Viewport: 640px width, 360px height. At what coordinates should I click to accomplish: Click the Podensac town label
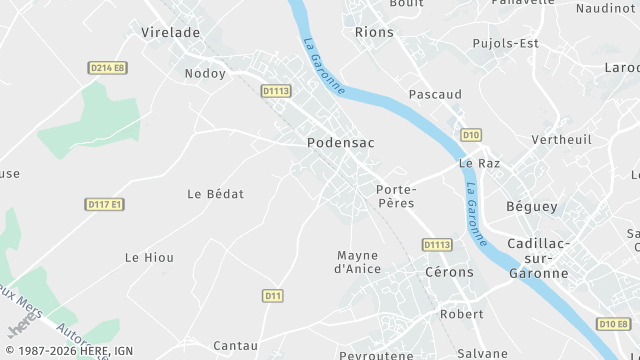(340, 143)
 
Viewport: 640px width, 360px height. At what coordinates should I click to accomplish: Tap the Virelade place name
(170, 32)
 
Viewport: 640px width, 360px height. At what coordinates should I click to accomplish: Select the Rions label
(374, 32)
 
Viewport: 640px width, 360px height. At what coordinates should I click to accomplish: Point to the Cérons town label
(449, 272)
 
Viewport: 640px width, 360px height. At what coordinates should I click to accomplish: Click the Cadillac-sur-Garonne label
(538, 258)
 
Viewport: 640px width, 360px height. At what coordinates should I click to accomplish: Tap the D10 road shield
(471, 134)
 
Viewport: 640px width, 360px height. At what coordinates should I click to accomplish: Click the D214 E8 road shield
(107, 68)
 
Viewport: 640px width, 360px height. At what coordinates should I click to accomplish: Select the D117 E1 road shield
(104, 204)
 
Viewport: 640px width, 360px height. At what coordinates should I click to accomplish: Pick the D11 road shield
(273, 295)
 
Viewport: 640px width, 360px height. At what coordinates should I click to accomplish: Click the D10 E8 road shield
(615, 323)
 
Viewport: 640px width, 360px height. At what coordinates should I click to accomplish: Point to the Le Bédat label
(216, 193)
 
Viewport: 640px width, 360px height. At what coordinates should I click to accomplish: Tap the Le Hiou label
(149, 257)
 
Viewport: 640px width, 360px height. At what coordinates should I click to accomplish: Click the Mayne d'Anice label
(357, 262)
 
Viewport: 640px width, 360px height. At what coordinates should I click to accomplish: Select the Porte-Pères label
(396, 195)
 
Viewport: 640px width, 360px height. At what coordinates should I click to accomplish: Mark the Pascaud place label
(435, 94)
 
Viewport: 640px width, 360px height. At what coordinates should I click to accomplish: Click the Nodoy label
(205, 73)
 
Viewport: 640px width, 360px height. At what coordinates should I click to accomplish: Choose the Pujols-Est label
(505, 43)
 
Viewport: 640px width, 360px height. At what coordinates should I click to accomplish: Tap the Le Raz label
(479, 163)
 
